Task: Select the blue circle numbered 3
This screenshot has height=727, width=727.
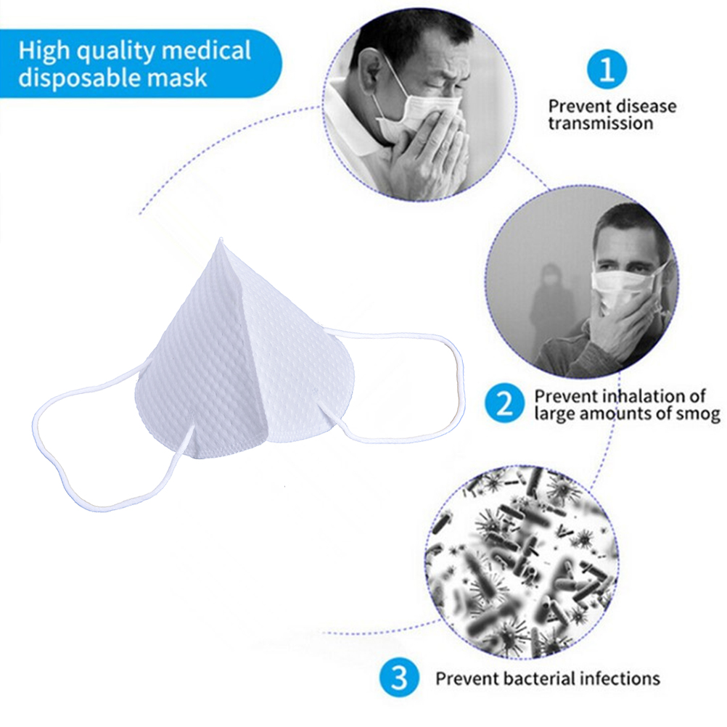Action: pos(398,678)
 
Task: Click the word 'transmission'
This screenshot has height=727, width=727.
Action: pos(600,123)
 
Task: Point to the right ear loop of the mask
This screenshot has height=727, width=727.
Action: pos(406,385)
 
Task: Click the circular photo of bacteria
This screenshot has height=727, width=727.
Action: pos(521,563)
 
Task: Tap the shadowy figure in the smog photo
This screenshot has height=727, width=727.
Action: pos(551,305)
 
